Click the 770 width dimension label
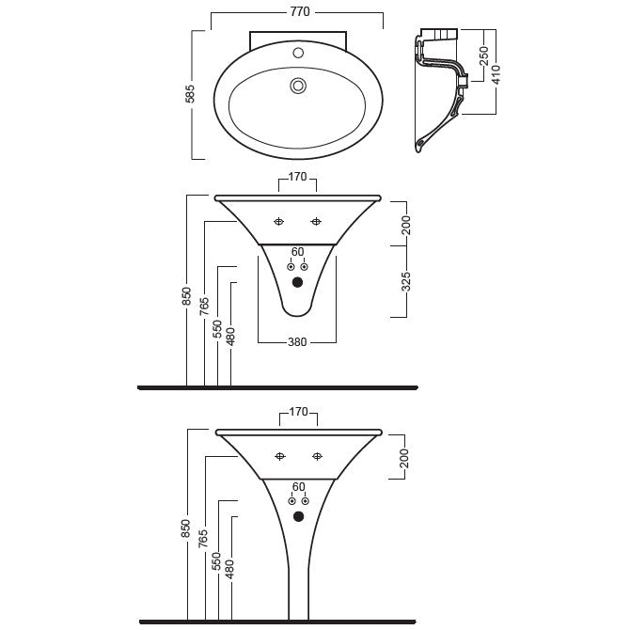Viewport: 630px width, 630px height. tap(300, 11)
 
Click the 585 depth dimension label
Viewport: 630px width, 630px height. tap(190, 94)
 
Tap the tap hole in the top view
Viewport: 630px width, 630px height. tap(298, 53)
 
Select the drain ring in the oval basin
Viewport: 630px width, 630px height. tap(298, 86)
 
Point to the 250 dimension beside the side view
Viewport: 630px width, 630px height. tap(483, 55)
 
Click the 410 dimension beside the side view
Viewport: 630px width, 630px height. tap(496, 74)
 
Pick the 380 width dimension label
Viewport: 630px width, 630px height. tap(297, 342)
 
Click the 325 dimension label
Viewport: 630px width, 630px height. tap(406, 281)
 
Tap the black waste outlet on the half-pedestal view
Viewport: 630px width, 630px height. tap(297, 282)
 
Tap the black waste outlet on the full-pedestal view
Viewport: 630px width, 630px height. tap(298, 517)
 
